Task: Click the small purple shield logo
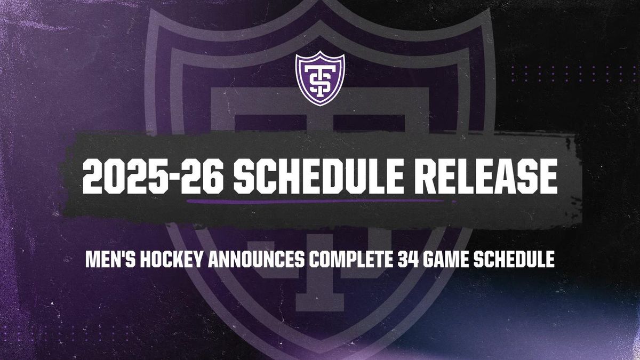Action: [x=320, y=78]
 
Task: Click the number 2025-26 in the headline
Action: [x=153, y=177]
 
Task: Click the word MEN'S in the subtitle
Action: [x=110, y=259]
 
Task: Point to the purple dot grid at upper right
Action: [x=569, y=74]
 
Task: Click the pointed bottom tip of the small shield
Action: [x=320, y=106]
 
